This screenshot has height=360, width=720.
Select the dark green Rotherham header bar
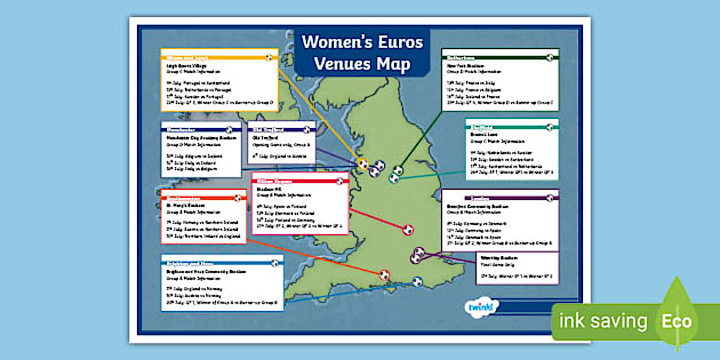tap(500, 58)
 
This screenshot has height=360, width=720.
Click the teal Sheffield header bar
tap(511, 127)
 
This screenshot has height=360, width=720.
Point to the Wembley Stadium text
tap(497, 258)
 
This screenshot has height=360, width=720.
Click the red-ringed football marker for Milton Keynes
tap(408, 230)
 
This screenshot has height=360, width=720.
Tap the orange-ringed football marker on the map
tap(384, 275)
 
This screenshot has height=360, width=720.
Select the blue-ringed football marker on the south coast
tap(418, 281)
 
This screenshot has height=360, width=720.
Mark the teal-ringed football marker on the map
tap(394, 178)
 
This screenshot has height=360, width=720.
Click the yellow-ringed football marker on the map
tap(363, 165)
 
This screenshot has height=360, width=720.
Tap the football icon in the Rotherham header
tap(549, 58)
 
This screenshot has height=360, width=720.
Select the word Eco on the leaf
tap(677, 321)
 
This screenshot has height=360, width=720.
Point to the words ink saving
tap(603, 322)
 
